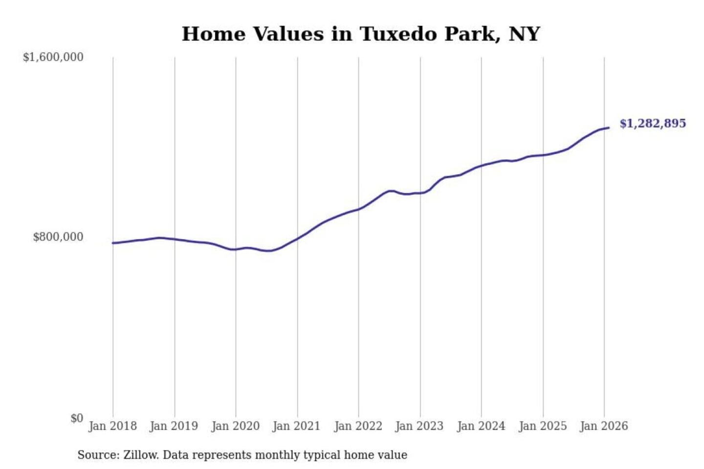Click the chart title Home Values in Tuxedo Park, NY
tap(360, 34)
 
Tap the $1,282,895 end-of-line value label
tap(652, 123)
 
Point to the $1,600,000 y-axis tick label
tap(53, 57)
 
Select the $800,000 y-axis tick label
tap(58, 237)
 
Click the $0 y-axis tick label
tap(77, 418)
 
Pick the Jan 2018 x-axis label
tap(112, 426)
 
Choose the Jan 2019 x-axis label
tap(174, 426)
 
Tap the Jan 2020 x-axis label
tap(235, 426)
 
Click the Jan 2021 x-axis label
tap(296, 426)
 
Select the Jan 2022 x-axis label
tap(358, 426)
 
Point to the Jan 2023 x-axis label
tap(419, 426)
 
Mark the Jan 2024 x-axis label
tap(481, 426)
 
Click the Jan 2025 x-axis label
tap(542, 426)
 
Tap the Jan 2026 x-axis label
tap(603, 426)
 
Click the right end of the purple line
tap(608, 128)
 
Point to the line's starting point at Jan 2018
tap(113, 243)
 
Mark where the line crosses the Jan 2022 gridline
tap(358, 209)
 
